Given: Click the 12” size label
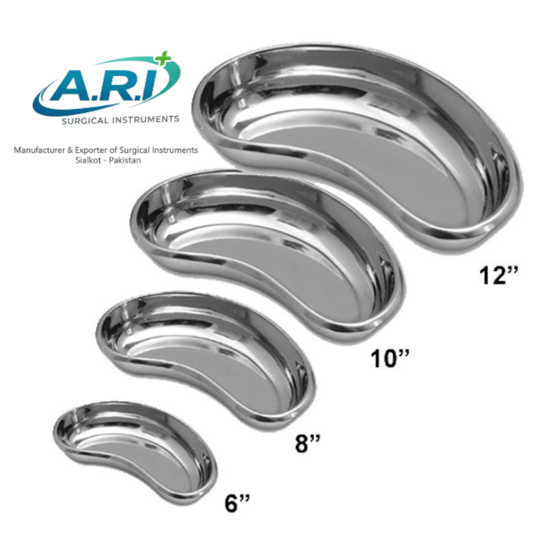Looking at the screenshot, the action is pyautogui.click(x=499, y=276).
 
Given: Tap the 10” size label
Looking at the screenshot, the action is pyautogui.click(x=390, y=358).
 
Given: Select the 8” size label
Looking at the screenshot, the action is pyautogui.click(x=308, y=444).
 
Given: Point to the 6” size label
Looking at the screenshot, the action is pyautogui.click(x=237, y=503).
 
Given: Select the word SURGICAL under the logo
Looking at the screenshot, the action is pyautogui.click(x=84, y=121).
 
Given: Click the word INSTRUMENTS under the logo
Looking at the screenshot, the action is pyautogui.click(x=146, y=119).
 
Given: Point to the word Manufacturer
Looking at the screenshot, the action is pyautogui.click(x=40, y=150).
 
